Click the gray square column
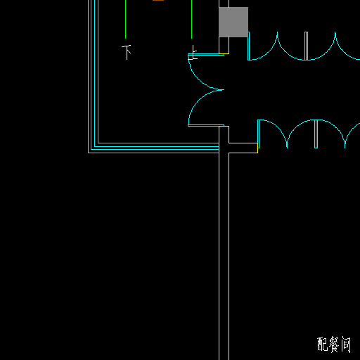pyautogui.click(x=233, y=22)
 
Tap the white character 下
pyautogui.click(x=127, y=52)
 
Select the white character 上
pyautogui.click(x=193, y=53)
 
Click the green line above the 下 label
pyautogui.click(x=125, y=19)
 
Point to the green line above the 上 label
pyautogui.click(x=191, y=19)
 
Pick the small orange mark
pyautogui.click(x=158, y=1)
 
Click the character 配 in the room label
pyautogui.click(x=323, y=344)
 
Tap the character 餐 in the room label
pyautogui.click(x=334, y=345)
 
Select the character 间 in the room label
pyautogui.click(x=346, y=345)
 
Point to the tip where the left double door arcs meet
pyautogui.click(x=224, y=89)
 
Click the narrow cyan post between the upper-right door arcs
pyautogui.click(x=306, y=46)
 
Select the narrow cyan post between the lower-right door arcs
pyautogui.click(x=316, y=134)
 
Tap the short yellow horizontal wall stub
pyautogui.click(x=243, y=148)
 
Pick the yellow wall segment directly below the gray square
pyautogui.click(x=224, y=46)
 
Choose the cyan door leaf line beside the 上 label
pyautogui.click(x=206, y=55)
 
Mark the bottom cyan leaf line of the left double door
pyautogui.click(x=206, y=125)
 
